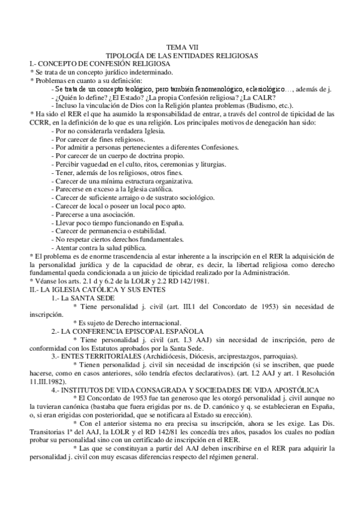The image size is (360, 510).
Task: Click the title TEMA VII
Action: (181, 47)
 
